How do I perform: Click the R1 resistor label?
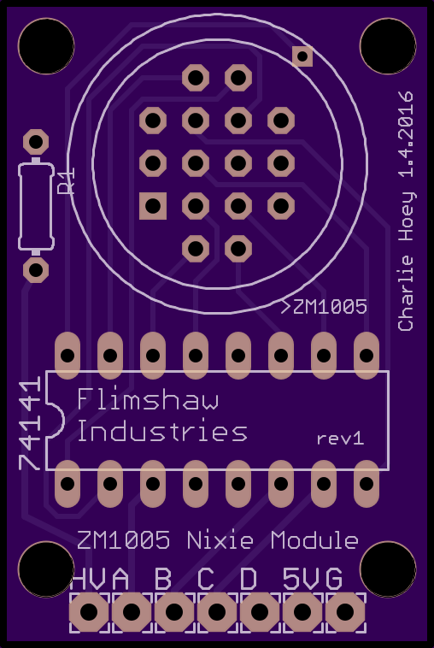[67, 180]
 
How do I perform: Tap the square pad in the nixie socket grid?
[153, 206]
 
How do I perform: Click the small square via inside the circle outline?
[302, 56]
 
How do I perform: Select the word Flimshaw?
[148, 399]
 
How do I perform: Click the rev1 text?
[341, 439]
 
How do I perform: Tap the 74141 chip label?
[30, 423]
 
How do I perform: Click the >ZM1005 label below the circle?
[324, 307]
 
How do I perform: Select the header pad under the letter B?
[174, 612]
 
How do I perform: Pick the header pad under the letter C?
[217, 612]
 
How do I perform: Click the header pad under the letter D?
[260, 612]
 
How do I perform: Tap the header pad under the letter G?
[345, 612]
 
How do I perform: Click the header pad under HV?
[89, 612]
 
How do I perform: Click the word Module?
[314, 540]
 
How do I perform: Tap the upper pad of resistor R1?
[36, 143]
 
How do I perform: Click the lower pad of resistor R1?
[36, 270]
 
